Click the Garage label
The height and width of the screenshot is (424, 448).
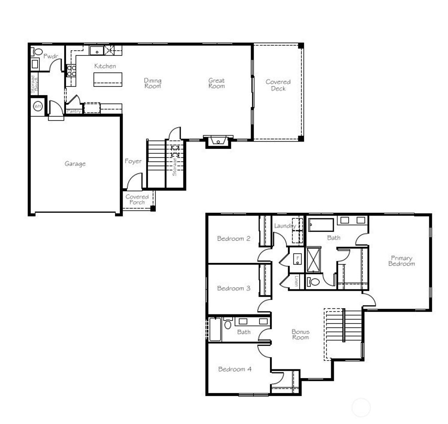pyautogui.click(x=75, y=164)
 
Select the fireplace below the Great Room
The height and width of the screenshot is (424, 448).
pyautogui.click(x=217, y=141)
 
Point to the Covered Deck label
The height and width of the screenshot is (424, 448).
pyautogui.click(x=278, y=85)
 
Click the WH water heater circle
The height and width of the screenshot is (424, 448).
pyautogui.click(x=37, y=106)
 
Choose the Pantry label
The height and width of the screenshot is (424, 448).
pyautogui.click(x=74, y=111)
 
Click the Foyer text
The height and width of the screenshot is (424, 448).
pyautogui.click(x=133, y=161)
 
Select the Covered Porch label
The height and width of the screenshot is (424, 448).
pyautogui.click(x=137, y=200)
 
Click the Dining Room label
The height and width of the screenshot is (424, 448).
pyautogui.click(x=153, y=83)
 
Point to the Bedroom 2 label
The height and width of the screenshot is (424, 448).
pyautogui.click(x=234, y=238)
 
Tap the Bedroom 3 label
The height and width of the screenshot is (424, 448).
pyautogui.click(x=234, y=288)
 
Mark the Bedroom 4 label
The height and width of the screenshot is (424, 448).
pyautogui.click(x=234, y=369)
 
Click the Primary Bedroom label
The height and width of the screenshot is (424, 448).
pyautogui.click(x=401, y=261)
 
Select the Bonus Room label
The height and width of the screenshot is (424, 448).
pyautogui.click(x=300, y=334)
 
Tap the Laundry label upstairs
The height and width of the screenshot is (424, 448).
pyautogui.click(x=285, y=226)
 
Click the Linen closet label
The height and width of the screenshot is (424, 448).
pyautogui.click(x=296, y=282)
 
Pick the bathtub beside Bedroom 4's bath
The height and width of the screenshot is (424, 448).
pyautogui.click(x=215, y=330)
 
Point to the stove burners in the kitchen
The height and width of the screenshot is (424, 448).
pyautogui.click(x=71, y=71)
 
